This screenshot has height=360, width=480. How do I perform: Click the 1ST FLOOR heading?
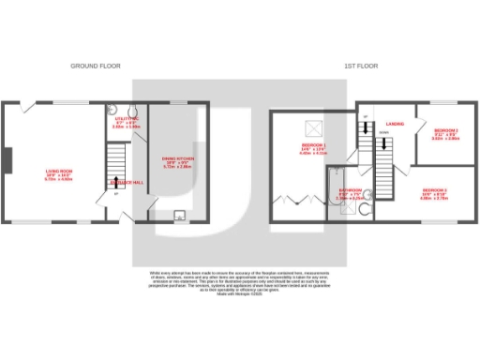click(x=362, y=66)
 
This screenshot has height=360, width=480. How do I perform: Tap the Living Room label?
click(x=58, y=173)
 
